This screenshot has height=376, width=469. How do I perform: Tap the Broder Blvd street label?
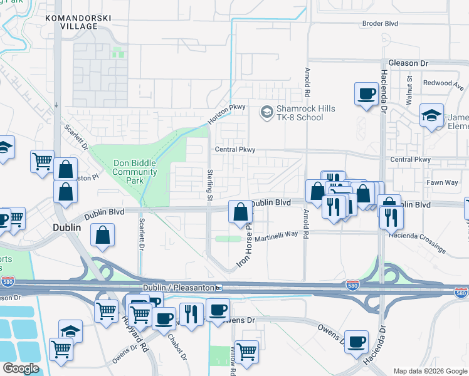point(381,24)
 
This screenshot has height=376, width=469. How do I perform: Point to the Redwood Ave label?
point(438,83)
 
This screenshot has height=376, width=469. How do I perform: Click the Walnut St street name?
point(409,90)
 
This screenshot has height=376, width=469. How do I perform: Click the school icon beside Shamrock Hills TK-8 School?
point(266,112)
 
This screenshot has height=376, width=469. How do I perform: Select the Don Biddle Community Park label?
point(135,172)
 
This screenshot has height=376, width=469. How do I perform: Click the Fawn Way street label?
point(443,182)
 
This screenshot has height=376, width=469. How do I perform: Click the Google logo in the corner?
point(21,368)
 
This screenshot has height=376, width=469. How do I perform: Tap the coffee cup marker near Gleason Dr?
point(366,94)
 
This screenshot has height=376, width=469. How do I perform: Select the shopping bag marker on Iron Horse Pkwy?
point(240,212)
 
